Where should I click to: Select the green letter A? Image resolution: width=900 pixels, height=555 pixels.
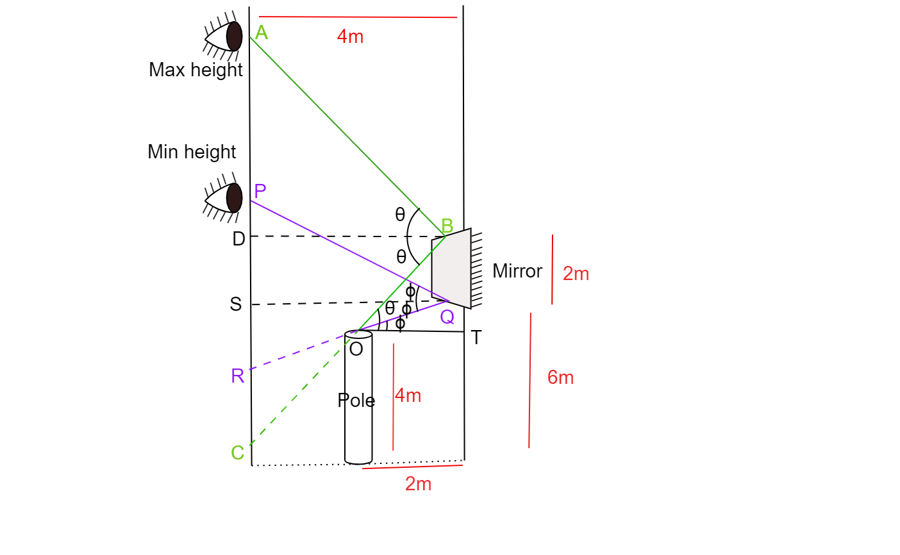(261, 32)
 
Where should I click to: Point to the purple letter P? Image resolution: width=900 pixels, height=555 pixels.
(260, 191)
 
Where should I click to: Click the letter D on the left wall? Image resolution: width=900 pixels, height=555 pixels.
(238, 239)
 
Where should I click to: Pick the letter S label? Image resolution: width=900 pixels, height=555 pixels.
(236, 304)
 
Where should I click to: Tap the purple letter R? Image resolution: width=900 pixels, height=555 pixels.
(237, 376)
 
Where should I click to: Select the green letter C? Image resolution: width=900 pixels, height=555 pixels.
(237, 452)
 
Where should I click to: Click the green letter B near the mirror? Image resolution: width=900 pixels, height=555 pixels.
(447, 226)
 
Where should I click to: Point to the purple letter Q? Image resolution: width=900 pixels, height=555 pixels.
(447, 317)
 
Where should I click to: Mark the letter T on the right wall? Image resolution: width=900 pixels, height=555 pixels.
(476, 338)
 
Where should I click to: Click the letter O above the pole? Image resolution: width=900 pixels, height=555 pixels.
(356, 349)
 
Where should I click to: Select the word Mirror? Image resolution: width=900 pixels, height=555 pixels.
(517, 271)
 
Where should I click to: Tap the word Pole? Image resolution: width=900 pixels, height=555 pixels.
(356, 401)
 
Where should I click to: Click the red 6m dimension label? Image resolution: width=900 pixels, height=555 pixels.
(560, 377)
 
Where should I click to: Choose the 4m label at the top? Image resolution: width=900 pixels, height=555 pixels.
(350, 37)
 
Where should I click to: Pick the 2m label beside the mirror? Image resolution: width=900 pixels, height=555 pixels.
(576, 274)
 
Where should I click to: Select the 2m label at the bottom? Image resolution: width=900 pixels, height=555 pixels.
(418, 484)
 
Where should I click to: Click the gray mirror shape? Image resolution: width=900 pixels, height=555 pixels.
(451, 268)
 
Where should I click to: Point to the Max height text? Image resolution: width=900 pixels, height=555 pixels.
(196, 69)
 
